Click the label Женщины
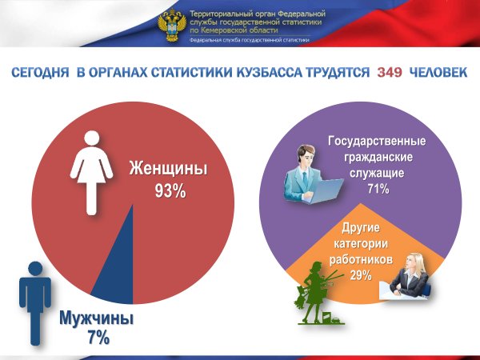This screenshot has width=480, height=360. pyautogui.click(x=168, y=169)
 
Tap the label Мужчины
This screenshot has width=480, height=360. pyautogui.click(x=97, y=319)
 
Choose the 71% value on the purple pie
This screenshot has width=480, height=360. pyautogui.click(x=377, y=189)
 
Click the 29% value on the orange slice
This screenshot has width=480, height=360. pyautogui.click(x=360, y=275)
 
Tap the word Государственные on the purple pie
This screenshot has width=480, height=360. pyautogui.click(x=377, y=142)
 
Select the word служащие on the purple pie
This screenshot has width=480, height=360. pyautogui.click(x=377, y=172)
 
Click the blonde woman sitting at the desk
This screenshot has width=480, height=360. pyautogui.click(x=413, y=277)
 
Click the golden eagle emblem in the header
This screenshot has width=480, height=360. pyautogui.click(x=171, y=25)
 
